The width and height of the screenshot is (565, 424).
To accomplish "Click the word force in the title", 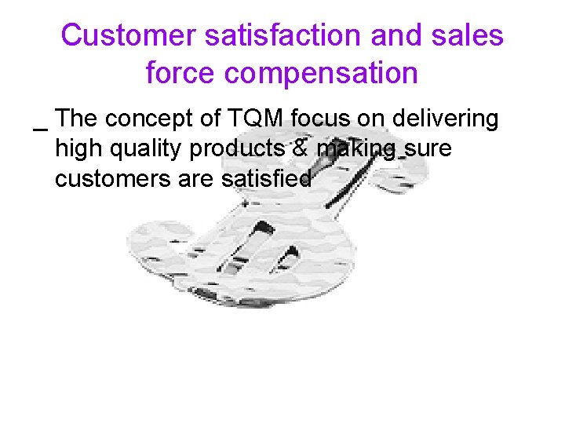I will (180, 73).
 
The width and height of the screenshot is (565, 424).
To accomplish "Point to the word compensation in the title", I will (320, 73).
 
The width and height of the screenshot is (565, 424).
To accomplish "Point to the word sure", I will (429, 149).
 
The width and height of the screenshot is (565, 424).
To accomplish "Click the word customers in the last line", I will (116, 179).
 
